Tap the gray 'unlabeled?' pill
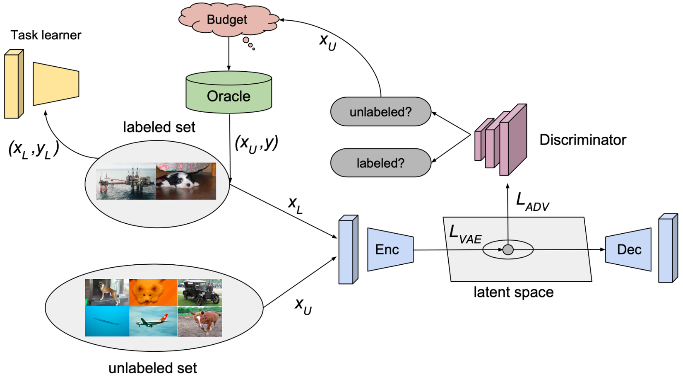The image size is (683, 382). [x=380, y=112]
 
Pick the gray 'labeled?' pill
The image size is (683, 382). [x=380, y=163]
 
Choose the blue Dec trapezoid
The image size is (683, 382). [x=628, y=249]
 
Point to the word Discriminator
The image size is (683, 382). [x=582, y=140]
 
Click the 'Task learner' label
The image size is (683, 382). [x=46, y=35]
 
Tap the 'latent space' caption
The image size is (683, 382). [x=513, y=292]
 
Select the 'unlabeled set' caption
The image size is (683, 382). [x=152, y=368]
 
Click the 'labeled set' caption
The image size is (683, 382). [x=159, y=127]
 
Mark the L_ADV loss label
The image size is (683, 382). [x=532, y=202]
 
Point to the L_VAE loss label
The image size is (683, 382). [x=465, y=234]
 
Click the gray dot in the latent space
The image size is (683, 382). [x=508, y=250]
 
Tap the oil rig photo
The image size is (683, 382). [x=126, y=181]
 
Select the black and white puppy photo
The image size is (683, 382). [x=186, y=181]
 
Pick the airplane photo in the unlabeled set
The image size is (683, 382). [x=153, y=322]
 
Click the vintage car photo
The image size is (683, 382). [x=200, y=293]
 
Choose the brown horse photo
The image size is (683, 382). [x=200, y=322]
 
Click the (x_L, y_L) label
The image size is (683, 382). [x=33, y=149]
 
